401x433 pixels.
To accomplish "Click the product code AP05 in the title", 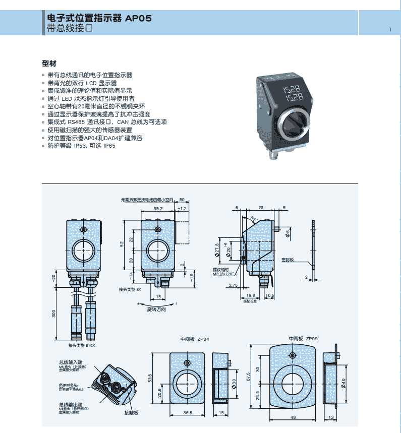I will [138, 18].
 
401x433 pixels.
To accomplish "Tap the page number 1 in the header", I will [390, 29].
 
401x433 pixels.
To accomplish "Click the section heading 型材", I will [49, 64].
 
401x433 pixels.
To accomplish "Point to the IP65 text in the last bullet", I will [109, 146].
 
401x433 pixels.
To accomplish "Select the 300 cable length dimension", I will [55, 314].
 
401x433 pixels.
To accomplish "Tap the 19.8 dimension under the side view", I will [251, 296].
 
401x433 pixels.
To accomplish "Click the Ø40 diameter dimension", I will [344, 383].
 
